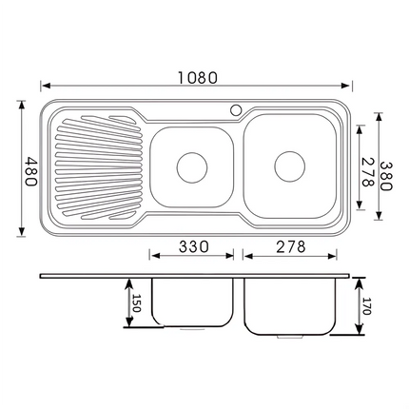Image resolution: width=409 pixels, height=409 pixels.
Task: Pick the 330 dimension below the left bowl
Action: (x=192, y=246)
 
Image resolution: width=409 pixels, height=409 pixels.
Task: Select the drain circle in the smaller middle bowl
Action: (x=192, y=166)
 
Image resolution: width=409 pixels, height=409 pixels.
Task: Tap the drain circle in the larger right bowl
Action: (x=289, y=165)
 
